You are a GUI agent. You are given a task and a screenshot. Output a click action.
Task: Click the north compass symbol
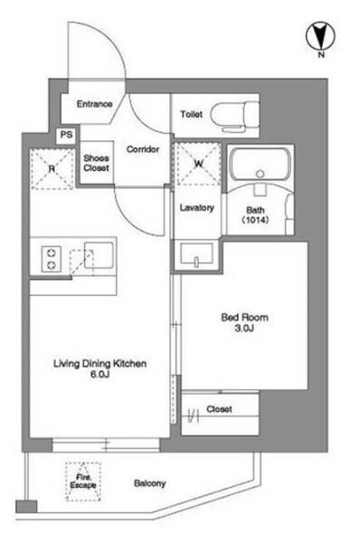(x=320, y=36)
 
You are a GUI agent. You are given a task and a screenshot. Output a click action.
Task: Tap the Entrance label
(x=94, y=104)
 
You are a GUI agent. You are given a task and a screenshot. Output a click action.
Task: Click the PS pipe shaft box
(x=66, y=134)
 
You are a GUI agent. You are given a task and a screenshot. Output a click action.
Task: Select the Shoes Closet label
(x=96, y=163)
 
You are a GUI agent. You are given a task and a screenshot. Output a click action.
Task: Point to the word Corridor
(x=143, y=149)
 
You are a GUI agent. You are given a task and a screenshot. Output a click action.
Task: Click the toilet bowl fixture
(x=235, y=114)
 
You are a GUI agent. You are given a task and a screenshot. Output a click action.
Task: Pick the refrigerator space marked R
(x=52, y=168)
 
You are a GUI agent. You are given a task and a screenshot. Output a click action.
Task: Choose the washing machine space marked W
(x=198, y=164)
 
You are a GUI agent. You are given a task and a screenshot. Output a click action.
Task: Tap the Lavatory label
(x=196, y=208)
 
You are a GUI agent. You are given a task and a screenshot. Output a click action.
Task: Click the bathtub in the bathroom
(x=261, y=166)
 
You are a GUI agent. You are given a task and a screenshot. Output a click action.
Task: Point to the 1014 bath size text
(x=255, y=220)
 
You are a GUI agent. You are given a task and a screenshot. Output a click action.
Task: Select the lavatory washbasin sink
(x=196, y=253)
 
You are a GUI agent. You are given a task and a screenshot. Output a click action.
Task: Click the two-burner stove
(x=52, y=258)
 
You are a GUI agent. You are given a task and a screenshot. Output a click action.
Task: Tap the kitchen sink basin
(x=99, y=255)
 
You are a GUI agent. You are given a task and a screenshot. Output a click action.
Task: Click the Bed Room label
(x=244, y=318)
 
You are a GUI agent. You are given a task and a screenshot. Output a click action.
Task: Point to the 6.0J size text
(x=99, y=375)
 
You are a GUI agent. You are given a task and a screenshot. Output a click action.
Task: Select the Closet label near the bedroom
(x=219, y=409)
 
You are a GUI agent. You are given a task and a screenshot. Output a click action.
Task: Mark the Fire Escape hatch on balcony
(x=83, y=481)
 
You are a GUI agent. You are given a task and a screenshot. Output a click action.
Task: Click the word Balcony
(x=149, y=483)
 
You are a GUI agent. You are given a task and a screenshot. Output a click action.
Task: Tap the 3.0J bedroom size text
(x=244, y=329)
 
